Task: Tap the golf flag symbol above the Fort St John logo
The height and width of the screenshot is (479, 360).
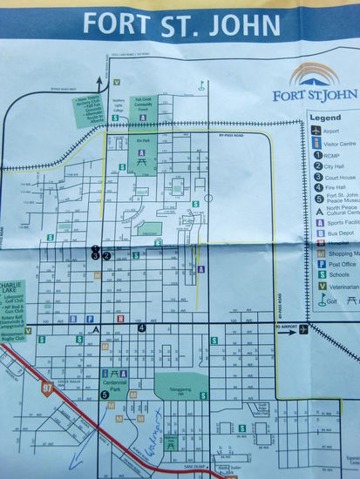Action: tap(202, 86)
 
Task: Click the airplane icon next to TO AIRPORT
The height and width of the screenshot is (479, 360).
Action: tap(302, 329)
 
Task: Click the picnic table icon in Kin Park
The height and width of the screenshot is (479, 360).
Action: tap(163, 157)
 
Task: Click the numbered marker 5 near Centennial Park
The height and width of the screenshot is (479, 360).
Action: tap(104, 394)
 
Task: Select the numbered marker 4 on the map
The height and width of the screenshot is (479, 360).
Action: tap(140, 328)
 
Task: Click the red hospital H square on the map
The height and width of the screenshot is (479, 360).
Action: tap(120, 319)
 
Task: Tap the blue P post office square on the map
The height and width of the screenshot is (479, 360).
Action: tap(90, 319)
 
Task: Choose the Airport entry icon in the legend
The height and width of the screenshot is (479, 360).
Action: tap(316, 130)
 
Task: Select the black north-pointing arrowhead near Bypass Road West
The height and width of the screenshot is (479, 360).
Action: tap(100, 81)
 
